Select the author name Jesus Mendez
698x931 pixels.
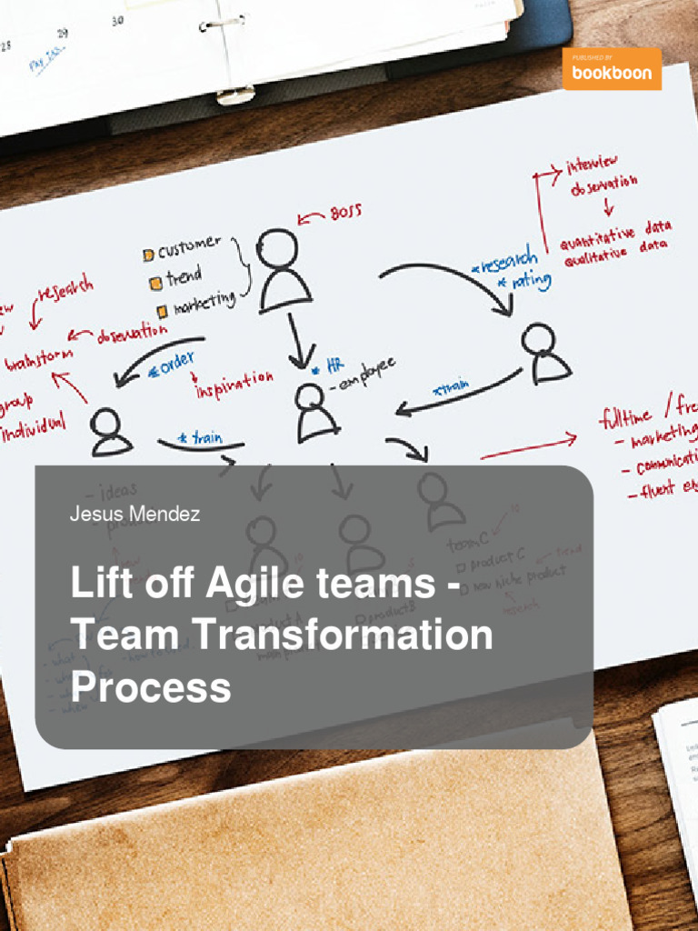[x=135, y=515]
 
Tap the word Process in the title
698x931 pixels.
[x=151, y=686]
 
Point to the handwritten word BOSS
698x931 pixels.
[x=344, y=213]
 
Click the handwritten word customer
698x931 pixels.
[x=189, y=246]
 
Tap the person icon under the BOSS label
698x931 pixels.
[x=283, y=269]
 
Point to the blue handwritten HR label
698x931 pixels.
[x=335, y=365]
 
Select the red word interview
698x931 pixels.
[x=592, y=166]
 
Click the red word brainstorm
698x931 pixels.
[x=38, y=360]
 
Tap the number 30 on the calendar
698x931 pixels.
[x=117, y=20]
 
